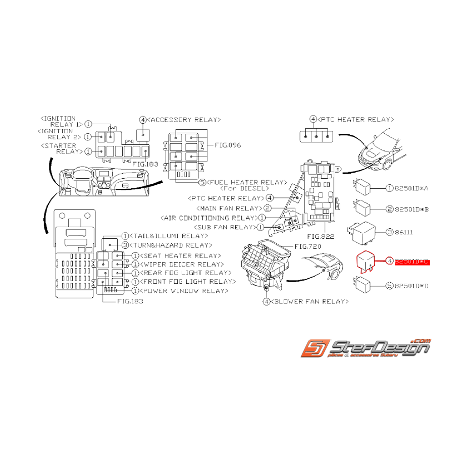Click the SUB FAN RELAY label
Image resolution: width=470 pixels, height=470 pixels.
coord(224,227)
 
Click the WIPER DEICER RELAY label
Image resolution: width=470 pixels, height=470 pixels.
coord(182,264)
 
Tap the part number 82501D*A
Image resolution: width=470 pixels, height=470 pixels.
coord(411,188)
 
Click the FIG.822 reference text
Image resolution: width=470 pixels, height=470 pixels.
coord(321,236)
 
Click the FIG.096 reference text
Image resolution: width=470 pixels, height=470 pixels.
coord(228,145)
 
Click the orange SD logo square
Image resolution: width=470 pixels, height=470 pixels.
coord(315,348)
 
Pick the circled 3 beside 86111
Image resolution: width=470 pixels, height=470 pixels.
coord(389,232)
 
